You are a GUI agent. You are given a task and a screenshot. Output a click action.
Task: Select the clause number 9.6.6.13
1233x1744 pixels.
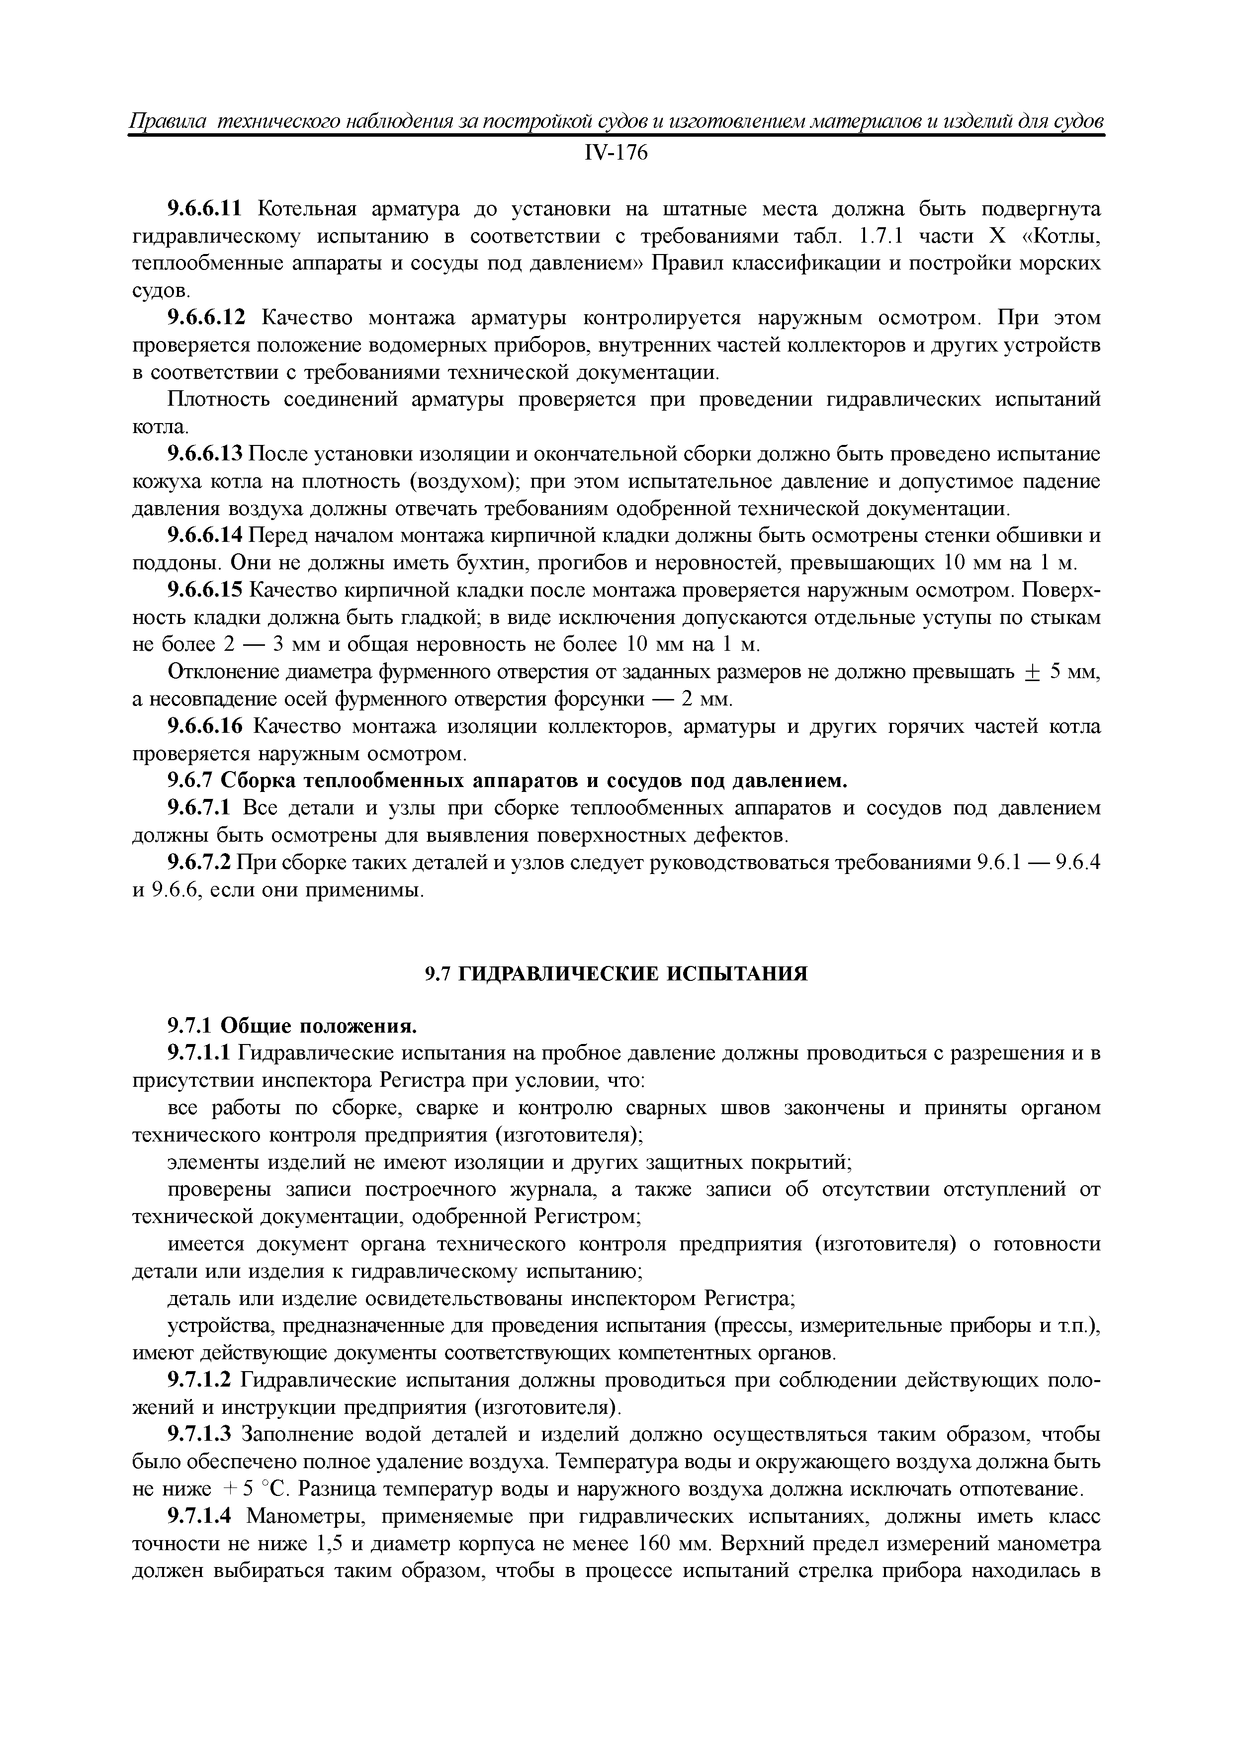204,454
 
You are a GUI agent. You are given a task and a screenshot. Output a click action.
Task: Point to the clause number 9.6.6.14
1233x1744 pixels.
204,536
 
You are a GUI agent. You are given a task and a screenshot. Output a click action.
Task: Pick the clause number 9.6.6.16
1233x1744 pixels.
204,727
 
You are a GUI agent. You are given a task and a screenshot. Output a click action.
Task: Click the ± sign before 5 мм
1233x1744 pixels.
1031,673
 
